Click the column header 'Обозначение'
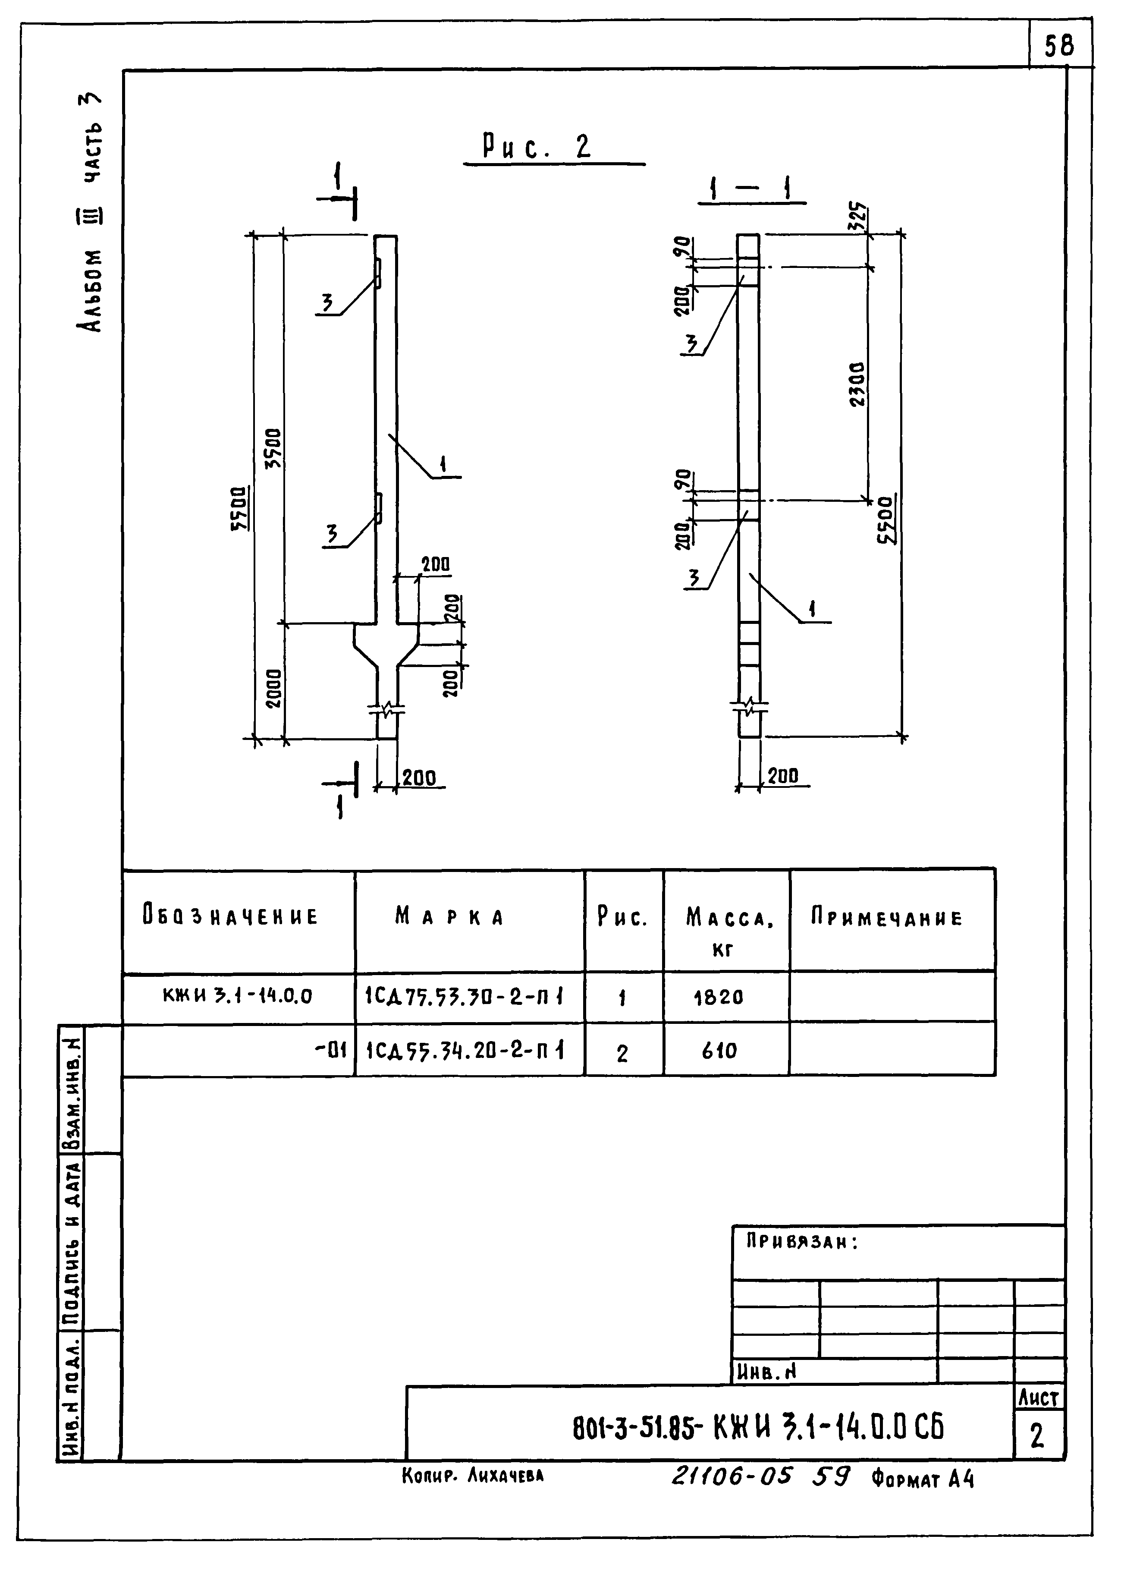(x=231, y=916)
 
